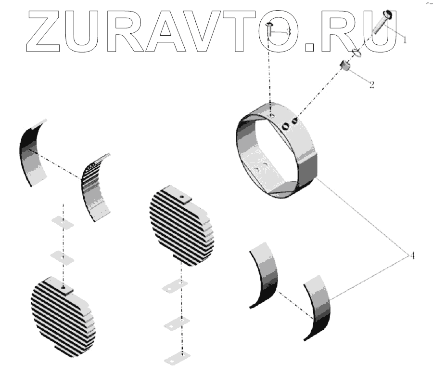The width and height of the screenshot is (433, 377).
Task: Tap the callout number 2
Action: (x=372, y=85)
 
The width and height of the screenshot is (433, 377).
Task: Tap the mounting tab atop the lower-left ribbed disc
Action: (x=64, y=287)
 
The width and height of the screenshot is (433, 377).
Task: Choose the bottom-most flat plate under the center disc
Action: (x=176, y=359)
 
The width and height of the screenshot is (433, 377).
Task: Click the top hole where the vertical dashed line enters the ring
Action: (x=272, y=115)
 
